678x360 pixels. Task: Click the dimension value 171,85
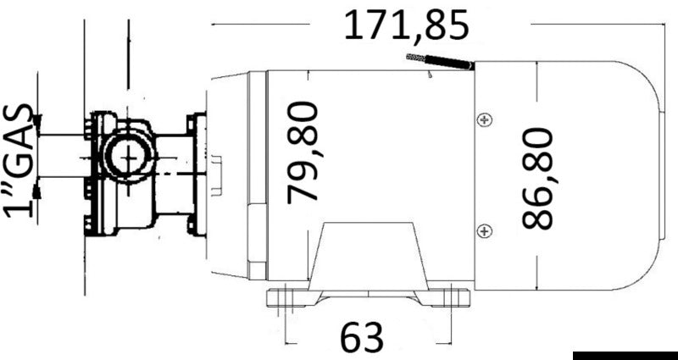point(405,27)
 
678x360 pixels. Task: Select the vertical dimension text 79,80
point(303,152)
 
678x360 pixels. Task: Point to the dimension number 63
point(362,338)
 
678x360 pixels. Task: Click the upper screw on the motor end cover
point(483,120)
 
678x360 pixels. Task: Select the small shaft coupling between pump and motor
point(218,174)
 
